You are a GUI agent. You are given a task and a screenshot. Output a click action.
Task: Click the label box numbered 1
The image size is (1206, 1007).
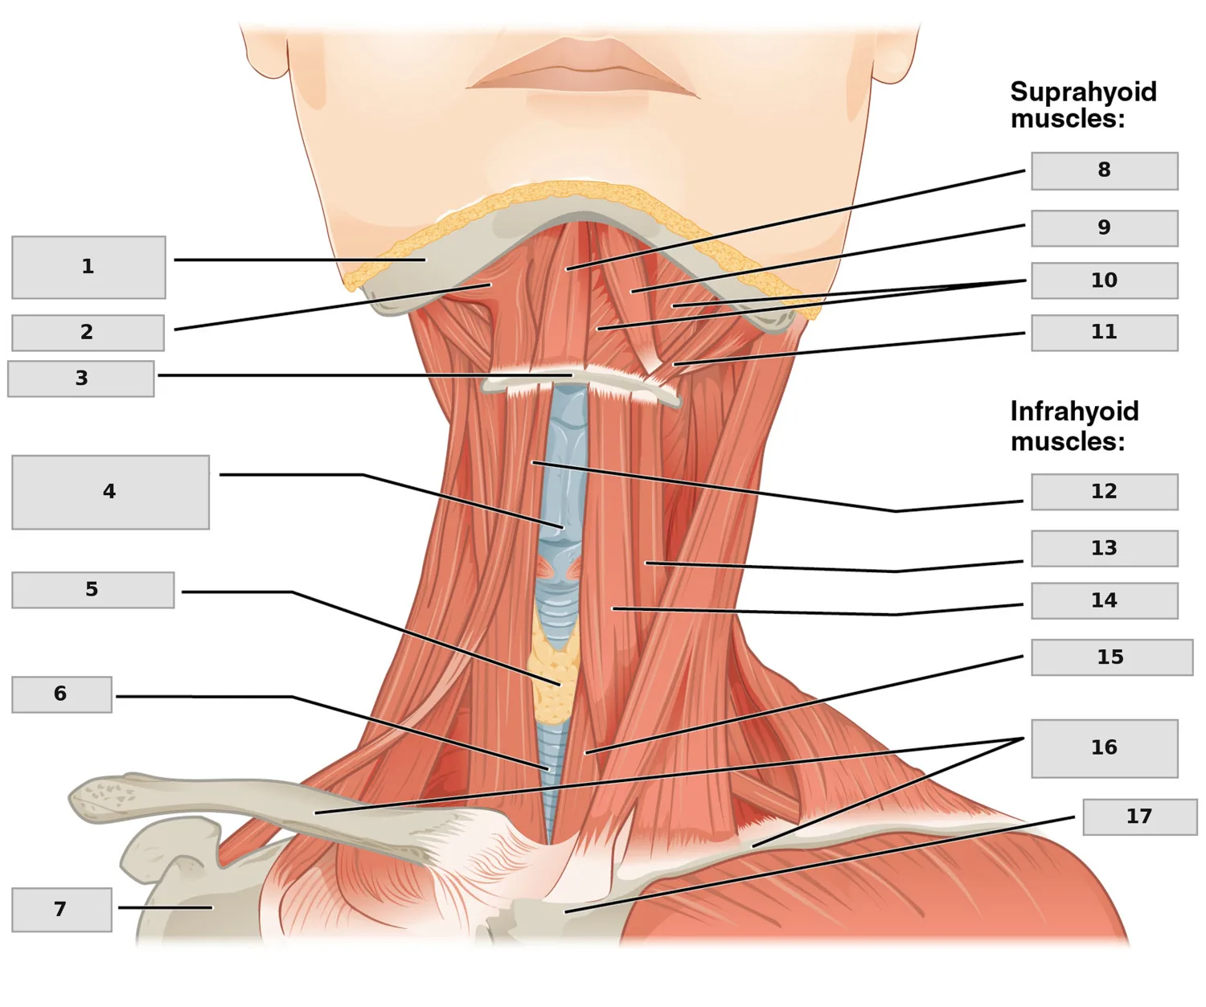pos(88,267)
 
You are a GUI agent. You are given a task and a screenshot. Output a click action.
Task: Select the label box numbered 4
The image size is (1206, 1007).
pos(110,492)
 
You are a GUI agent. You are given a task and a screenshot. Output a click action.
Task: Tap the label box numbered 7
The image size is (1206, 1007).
pos(62,910)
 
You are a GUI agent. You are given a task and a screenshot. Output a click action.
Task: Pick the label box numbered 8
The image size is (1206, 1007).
pos(1105,170)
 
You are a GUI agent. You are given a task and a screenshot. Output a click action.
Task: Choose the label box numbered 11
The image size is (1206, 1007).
pos(1105,333)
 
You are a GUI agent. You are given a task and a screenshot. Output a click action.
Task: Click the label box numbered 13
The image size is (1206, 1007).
pos(1105,548)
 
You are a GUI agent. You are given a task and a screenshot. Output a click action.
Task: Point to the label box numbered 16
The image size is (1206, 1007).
pos(1105,748)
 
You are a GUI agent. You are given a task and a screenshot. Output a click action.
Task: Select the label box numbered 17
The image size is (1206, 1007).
pos(1139,817)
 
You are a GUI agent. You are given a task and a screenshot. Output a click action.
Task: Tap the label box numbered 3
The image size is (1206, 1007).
pos(81,379)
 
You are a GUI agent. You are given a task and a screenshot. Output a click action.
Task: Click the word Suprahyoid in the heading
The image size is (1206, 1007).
pos(1083,92)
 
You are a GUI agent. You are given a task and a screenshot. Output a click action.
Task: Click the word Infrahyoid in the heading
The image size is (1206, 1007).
pos(1074,411)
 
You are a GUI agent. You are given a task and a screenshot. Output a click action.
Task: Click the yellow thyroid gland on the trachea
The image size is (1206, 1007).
pos(556,676)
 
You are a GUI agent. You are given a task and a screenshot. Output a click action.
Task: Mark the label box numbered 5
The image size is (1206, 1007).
pos(92,590)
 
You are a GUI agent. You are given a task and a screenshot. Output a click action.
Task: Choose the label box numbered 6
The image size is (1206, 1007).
pos(62,694)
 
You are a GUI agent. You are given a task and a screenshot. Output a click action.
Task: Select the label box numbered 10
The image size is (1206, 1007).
pos(1105,280)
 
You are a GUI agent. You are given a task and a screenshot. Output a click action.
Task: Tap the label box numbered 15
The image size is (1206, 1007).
pos(1112,657)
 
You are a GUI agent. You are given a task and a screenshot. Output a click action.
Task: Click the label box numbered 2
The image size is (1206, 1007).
pos(88,332)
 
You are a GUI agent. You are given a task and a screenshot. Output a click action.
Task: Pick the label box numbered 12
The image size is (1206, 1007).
pos(1105,491)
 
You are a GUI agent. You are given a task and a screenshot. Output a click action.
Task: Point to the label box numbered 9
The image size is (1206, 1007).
pos(1105,227)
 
